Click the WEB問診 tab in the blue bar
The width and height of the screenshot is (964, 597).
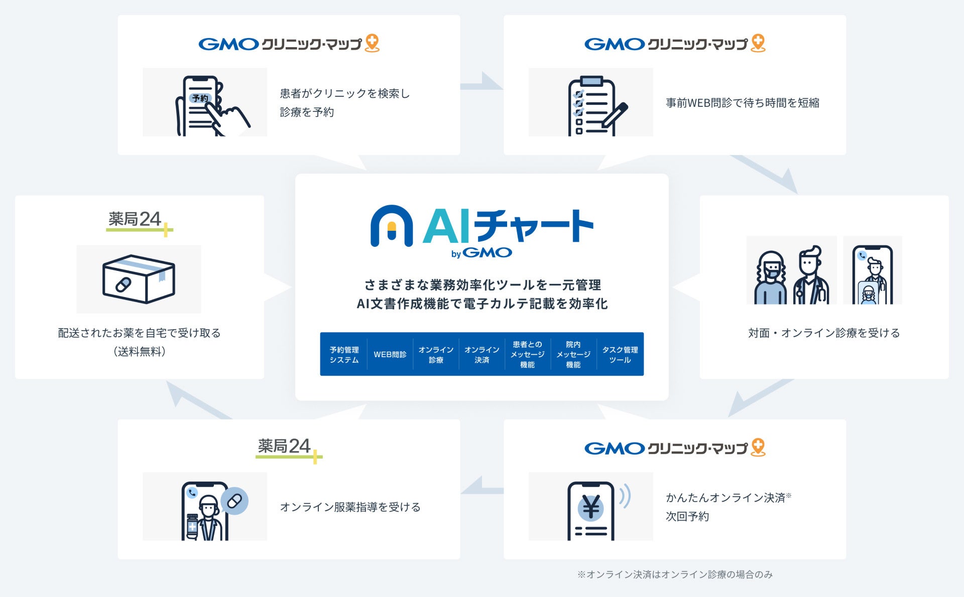tap(390, 354)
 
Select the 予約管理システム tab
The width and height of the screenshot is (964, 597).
tap(344, 354)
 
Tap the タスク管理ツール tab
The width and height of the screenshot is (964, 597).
tap(620, 354)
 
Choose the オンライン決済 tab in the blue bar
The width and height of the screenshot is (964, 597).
tap(481, 354)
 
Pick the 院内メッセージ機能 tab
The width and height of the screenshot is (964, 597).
tap(573, 354)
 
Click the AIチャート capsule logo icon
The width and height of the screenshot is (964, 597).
tap(392, 226)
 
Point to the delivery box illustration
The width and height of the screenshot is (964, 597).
tap(139, 279)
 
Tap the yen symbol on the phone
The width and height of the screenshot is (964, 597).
tap(591, 507)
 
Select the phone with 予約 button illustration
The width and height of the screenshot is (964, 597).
tap(206, 105)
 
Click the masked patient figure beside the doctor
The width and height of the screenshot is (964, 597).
tap(771, 279)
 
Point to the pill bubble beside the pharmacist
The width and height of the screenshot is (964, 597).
tap(234, 500)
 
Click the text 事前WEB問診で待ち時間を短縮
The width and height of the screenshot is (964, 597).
tap(742, 103)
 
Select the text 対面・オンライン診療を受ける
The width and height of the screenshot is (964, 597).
tap(823, 333)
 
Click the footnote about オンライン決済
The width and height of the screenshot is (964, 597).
tap(675, 574)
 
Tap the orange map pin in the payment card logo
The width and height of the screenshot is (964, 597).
tap(758, 446)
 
